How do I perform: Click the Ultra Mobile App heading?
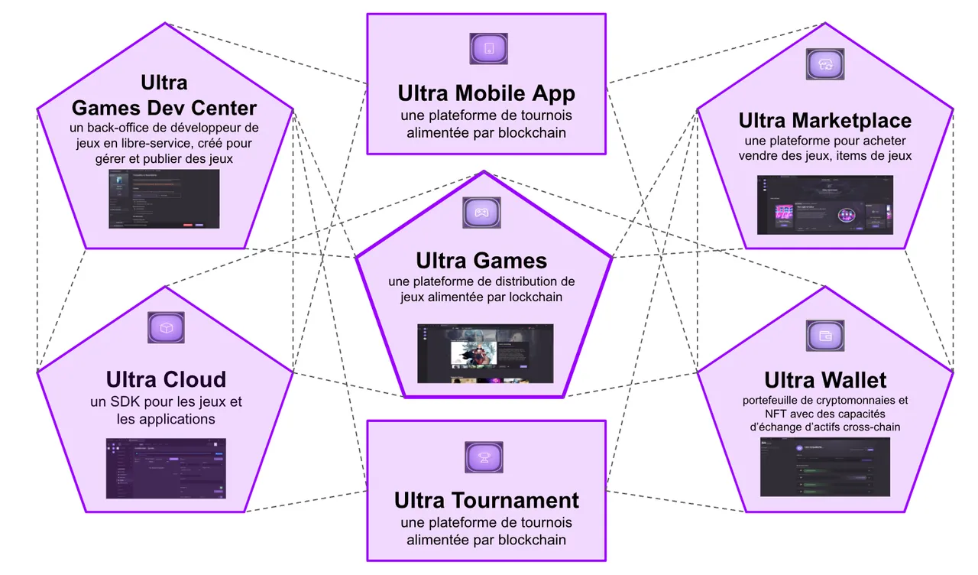click(486, 93)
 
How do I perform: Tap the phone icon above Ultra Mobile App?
click(488, 48)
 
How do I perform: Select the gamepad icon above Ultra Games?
click(481, 213)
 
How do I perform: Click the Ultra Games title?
click(481, 260)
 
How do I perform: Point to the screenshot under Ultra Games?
click(485, 353)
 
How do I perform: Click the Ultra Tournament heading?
click(486, 501)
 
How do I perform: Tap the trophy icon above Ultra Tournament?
click(484, 457)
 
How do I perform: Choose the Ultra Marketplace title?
click(824, 121)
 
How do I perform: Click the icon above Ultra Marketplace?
click(825, 64)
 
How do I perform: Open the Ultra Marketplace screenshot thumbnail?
click(825, 204)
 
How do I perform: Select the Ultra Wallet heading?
click(825, 380)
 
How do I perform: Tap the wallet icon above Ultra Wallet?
click(825, 335)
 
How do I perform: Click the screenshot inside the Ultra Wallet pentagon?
click(825, 467)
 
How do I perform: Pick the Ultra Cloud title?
click(166, 379)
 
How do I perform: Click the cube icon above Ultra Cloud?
click(166, 327)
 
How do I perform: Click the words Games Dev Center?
click(164, 107)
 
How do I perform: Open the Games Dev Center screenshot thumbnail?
click(164, 199)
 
